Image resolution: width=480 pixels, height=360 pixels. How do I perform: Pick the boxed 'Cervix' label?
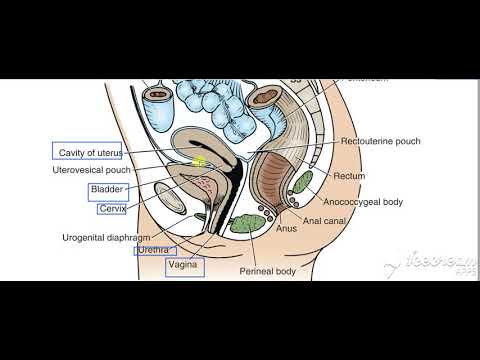tap(110, 209)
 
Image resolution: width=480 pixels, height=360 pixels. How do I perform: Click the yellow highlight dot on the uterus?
tap(200, 161)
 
